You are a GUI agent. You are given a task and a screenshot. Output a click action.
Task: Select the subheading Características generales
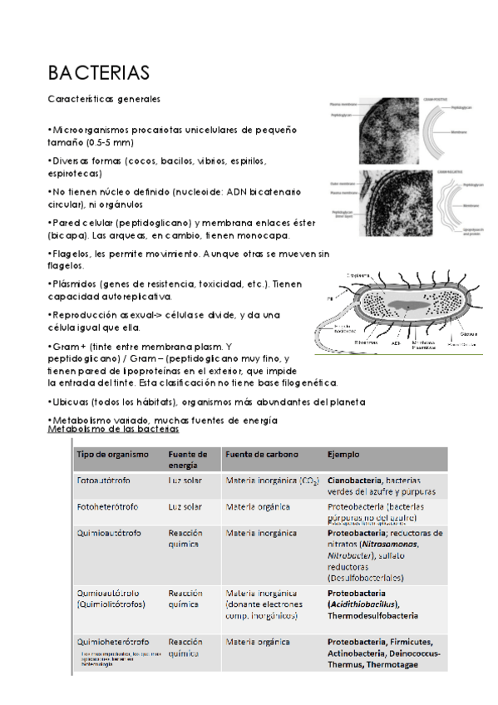[x=104, y=99]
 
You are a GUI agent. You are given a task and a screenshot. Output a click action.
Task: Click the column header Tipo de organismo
[x=112, y=454]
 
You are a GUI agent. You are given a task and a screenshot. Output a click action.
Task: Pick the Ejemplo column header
[x=343, y=454]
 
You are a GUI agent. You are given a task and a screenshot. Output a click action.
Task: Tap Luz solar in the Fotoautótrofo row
[x=185, y=481]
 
